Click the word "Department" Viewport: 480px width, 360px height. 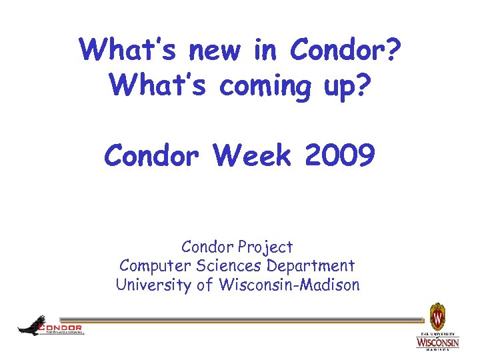[x=311, y=266]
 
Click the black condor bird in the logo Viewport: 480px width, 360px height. [x=30, y=325]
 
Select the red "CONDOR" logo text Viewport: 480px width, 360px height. [x=61, y=327]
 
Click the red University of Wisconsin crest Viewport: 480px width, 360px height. [x=437, y=315]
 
